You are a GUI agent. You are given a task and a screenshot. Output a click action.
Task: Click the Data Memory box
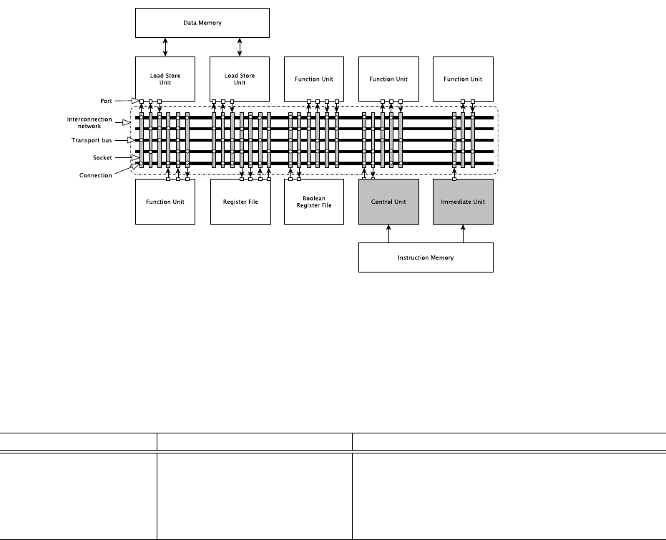(x=202, y=23)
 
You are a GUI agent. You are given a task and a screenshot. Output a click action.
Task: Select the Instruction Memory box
(x=426, y=257)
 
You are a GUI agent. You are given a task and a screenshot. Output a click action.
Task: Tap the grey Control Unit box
(x=388, y=202)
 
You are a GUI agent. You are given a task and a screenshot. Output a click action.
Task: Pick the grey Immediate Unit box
(x=463, y=202)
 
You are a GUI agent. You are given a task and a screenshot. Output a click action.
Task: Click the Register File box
(x=240, y=202)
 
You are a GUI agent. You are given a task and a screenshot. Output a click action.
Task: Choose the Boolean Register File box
(x=314, y=202)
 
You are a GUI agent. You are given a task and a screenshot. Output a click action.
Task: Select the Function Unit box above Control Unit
(x=388, y=79)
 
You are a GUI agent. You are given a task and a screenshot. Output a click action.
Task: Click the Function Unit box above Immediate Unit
(x=463, y=79)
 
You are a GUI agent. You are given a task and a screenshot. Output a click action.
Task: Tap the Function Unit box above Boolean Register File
(x=314, y=79)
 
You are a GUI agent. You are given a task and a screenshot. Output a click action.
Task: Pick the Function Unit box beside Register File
(x=165, y=202)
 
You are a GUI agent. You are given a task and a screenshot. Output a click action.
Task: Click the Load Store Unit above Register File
(x=240, y=79)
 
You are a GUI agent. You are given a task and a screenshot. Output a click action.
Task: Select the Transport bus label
(x=94, y=140)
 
